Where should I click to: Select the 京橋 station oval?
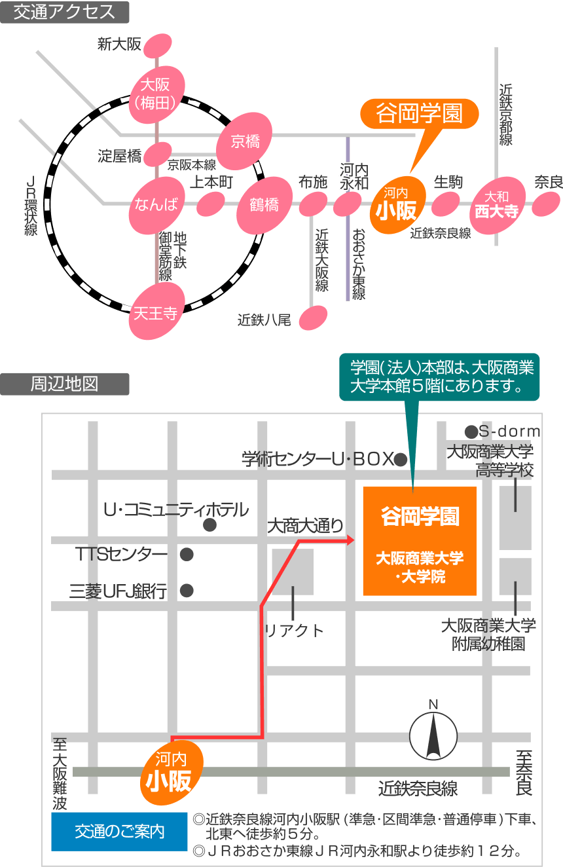245,141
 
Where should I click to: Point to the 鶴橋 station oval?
263,205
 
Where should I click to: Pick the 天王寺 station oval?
156,312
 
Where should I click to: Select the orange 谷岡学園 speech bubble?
420,114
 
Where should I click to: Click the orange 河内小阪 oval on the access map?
397,205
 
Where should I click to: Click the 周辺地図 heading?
64,384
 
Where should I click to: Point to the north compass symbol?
433,735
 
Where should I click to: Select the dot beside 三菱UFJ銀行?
187,591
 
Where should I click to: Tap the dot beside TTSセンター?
187,555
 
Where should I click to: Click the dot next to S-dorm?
471,432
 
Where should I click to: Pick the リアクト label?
294,631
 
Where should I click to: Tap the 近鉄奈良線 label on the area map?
418,789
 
